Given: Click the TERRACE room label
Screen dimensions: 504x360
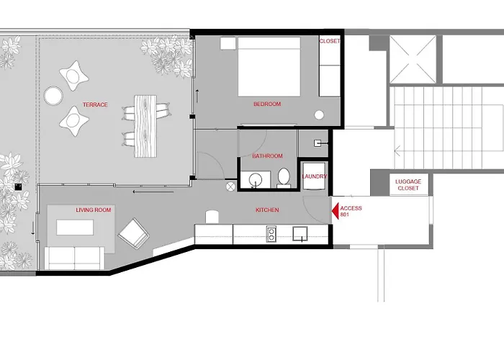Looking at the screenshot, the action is [x=95, y=104].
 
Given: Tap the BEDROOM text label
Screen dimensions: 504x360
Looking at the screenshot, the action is [x=267, y=104].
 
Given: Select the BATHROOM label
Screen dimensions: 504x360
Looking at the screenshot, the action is [x=267, y=156].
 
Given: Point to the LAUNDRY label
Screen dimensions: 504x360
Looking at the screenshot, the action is [x=314, y=176].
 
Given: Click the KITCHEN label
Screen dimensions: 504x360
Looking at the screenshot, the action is [x=267, y=210].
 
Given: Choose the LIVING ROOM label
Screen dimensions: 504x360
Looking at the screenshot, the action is [x=93, y=210].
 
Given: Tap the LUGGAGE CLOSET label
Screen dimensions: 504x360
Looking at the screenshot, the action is [x=408, y=185].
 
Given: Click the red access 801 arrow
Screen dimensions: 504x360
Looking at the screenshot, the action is [x=336, y=211].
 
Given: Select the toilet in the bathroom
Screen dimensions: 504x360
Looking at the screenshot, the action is [x=284, y=178].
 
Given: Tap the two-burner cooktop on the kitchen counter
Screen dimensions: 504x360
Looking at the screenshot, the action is [x=271, y=234].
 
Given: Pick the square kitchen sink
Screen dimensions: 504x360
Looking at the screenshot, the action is [x=300, y=234].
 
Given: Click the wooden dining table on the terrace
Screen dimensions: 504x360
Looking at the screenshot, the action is [x=145, y=126].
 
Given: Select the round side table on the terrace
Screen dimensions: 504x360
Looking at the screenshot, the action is [x=53, y=96].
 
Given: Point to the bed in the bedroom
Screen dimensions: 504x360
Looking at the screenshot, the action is [x=269, y=66].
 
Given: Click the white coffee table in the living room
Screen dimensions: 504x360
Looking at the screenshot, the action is [x=75, y=228].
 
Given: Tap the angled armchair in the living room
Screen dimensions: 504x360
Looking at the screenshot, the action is [x=134, y=233].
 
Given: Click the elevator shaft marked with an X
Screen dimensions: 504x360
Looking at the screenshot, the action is [x=413, y=60].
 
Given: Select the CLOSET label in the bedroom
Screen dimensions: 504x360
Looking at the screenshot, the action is [x=330, y=41].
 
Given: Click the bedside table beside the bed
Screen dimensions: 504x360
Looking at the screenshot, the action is [x=228, y=43].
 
